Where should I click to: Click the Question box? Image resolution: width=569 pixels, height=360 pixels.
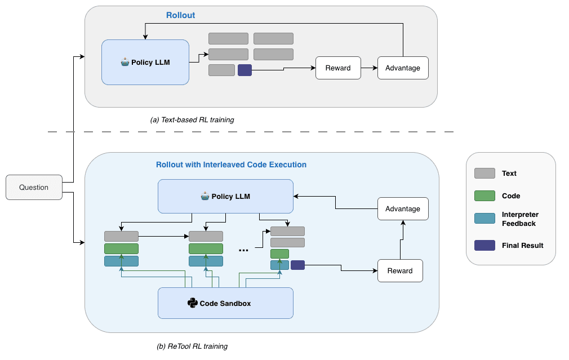(x=34, y=187)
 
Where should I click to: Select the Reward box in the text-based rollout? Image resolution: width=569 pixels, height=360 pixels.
(x=338, y=68)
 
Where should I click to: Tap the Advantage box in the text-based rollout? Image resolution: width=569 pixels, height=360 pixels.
(x=403, y=68)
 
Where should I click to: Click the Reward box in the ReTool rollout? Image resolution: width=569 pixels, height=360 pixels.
(x=400, y=271)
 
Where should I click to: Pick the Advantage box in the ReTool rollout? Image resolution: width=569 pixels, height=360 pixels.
(x=403, y=209)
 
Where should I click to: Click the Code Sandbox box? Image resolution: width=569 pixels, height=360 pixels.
(x=225, y=303)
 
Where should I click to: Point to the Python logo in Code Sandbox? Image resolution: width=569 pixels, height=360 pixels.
(x=192, y=303)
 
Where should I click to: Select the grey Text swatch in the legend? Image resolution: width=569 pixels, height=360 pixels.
(x=485, y=174)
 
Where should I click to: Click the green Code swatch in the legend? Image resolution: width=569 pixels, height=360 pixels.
(x=485, y=196)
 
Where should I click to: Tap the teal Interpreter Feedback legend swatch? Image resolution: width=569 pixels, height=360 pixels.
(x=485, y=219)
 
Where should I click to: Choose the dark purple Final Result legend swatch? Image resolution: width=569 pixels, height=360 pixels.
(x=485, y=246)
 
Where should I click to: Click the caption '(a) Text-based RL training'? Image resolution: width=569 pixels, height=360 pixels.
(x=192, y=120)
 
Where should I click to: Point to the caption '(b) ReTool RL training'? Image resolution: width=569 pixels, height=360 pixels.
(x=192, y=346)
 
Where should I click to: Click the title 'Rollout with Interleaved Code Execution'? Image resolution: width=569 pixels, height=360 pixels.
(x=231, y=165)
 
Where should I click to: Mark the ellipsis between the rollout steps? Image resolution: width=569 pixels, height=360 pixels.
(x=244, y=249)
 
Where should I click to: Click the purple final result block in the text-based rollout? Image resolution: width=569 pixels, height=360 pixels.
(x=245, y=70)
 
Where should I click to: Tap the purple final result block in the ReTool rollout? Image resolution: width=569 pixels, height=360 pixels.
(x=297, y=265)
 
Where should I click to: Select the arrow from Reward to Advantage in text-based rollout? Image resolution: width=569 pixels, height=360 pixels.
(x=368, y=68)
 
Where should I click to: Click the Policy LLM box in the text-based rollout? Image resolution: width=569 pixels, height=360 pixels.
(x=145, y=62)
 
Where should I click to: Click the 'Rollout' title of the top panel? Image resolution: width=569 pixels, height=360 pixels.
(x=180, y=15)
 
